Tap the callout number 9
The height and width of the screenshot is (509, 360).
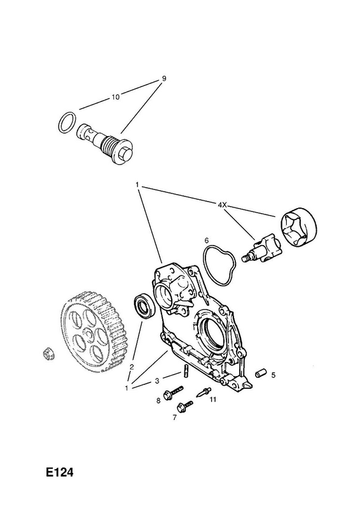(x=164, y=78)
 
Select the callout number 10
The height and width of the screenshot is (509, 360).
(x=116, y=97)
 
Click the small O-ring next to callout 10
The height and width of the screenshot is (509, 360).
(x=68, y=123)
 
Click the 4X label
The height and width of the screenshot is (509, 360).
(x=222, y=204)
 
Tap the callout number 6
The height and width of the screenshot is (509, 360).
(x=206, y=241)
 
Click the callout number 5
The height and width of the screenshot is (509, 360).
(x=273, y=375)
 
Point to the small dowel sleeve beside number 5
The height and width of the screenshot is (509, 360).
(x=261, y=373)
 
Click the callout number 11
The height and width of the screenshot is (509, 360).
(x=212, y=400)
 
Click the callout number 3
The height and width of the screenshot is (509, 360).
(x=157, y=380)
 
